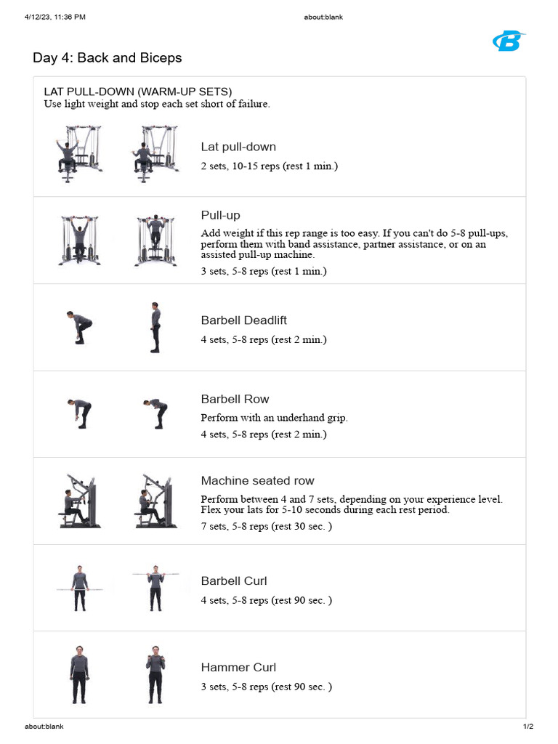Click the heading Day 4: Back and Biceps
click(x=108, y=57)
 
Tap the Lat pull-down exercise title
click(x=238, y=147)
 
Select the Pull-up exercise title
click(x=220, y=215)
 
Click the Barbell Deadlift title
click(x=243, y=320)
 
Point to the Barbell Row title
click(x=235, y=399)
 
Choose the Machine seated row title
click(x=257, y=481)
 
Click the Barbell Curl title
click(x=234, y=581)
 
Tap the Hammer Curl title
click(x=238, y=667)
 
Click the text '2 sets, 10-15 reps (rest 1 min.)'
click(x=269, y=166)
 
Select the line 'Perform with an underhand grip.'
click(x=274, y=418)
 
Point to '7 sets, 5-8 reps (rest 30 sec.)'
click(x=266, y=526)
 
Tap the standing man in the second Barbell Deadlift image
click(x=155, y=328)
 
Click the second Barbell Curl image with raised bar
click(x=155, y=587)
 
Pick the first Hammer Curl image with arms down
click(x=78, y=674)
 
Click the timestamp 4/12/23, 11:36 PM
click(x=54, y=17)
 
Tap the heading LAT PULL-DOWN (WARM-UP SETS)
click(x=138, y=92)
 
